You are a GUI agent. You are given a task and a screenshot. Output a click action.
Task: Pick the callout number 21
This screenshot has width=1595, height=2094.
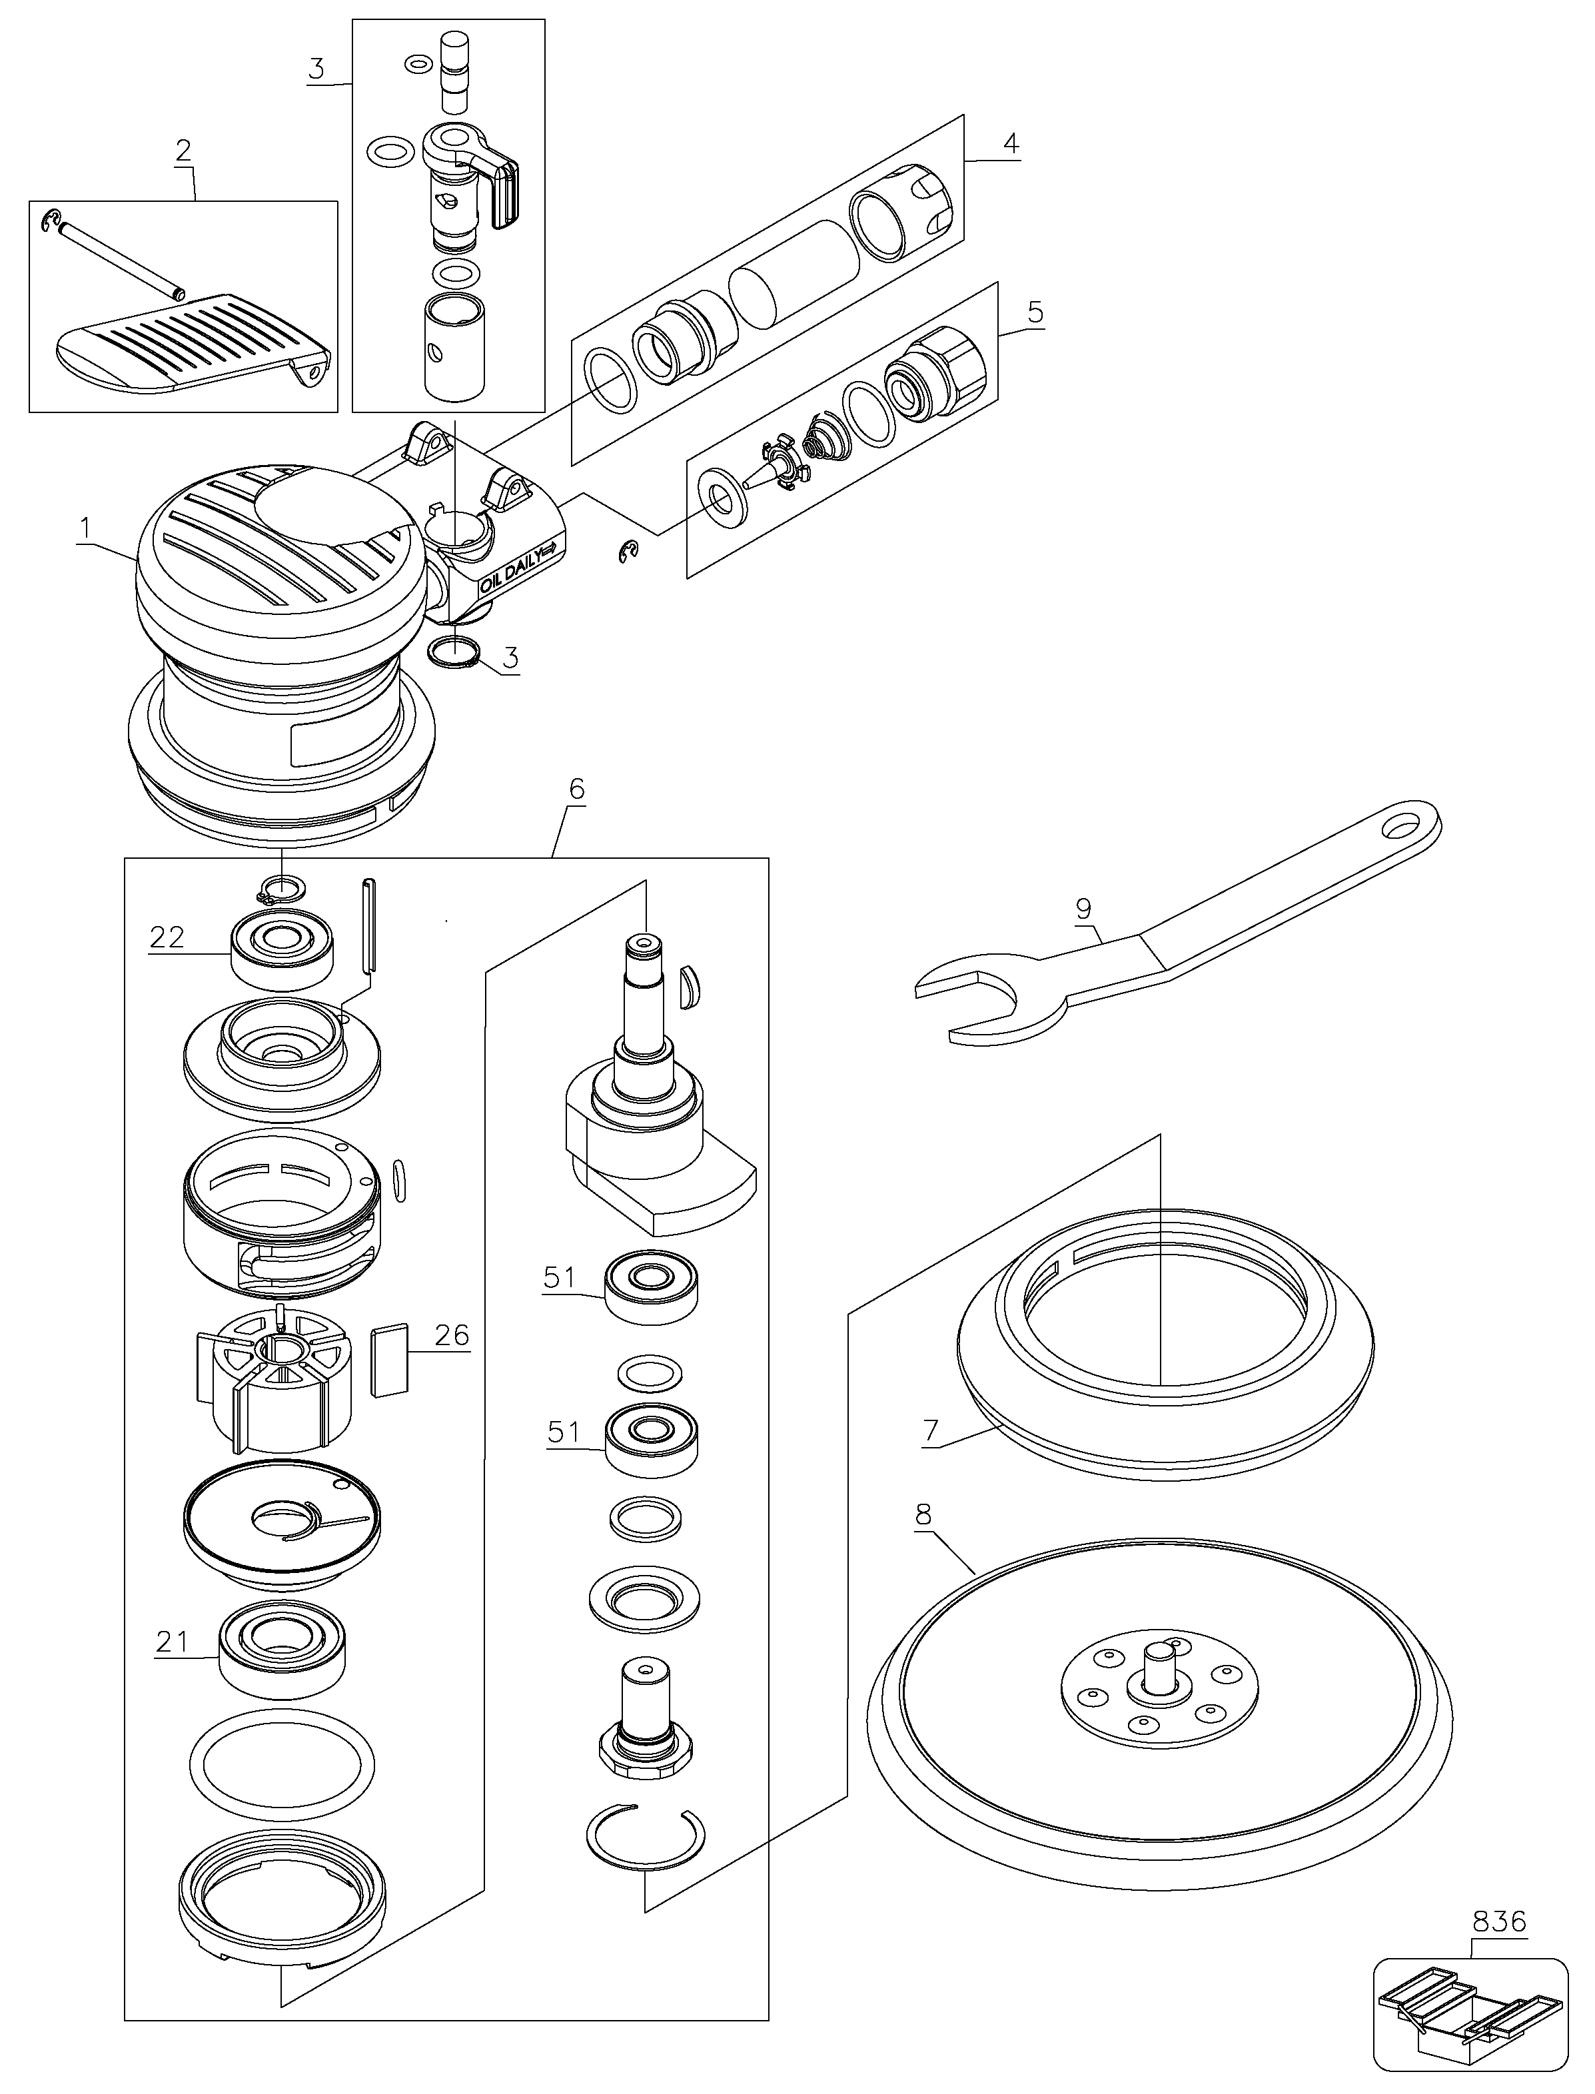(x=172, y=1641)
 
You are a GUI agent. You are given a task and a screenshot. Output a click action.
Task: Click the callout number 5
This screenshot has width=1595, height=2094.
(x=1035, y=311)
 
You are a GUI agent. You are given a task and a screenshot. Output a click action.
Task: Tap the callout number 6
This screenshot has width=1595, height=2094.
(x=576, y=789)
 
